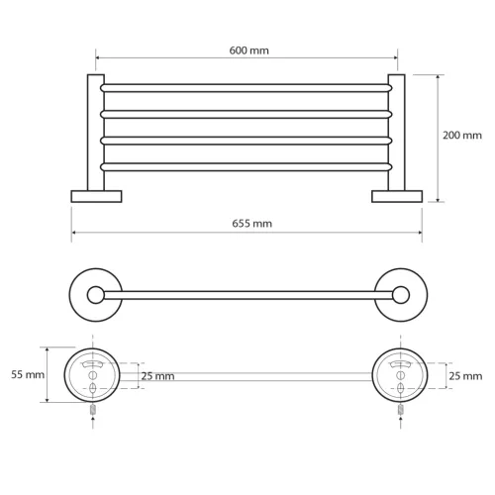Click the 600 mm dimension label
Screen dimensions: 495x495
(247, 49)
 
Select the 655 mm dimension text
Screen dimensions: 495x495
(247, 225)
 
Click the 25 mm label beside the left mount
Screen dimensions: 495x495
(157, 376)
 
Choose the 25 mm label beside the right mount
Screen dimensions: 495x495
(465, 376)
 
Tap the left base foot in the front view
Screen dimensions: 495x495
(96, 196)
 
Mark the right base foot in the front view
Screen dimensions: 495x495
(397, 196)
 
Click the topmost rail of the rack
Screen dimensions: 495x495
(247, 88)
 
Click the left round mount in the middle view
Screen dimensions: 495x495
(94, 293)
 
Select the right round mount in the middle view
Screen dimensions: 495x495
(400, 293)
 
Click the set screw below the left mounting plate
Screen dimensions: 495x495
(91, 407)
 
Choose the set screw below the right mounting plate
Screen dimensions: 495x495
(400, 407)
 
